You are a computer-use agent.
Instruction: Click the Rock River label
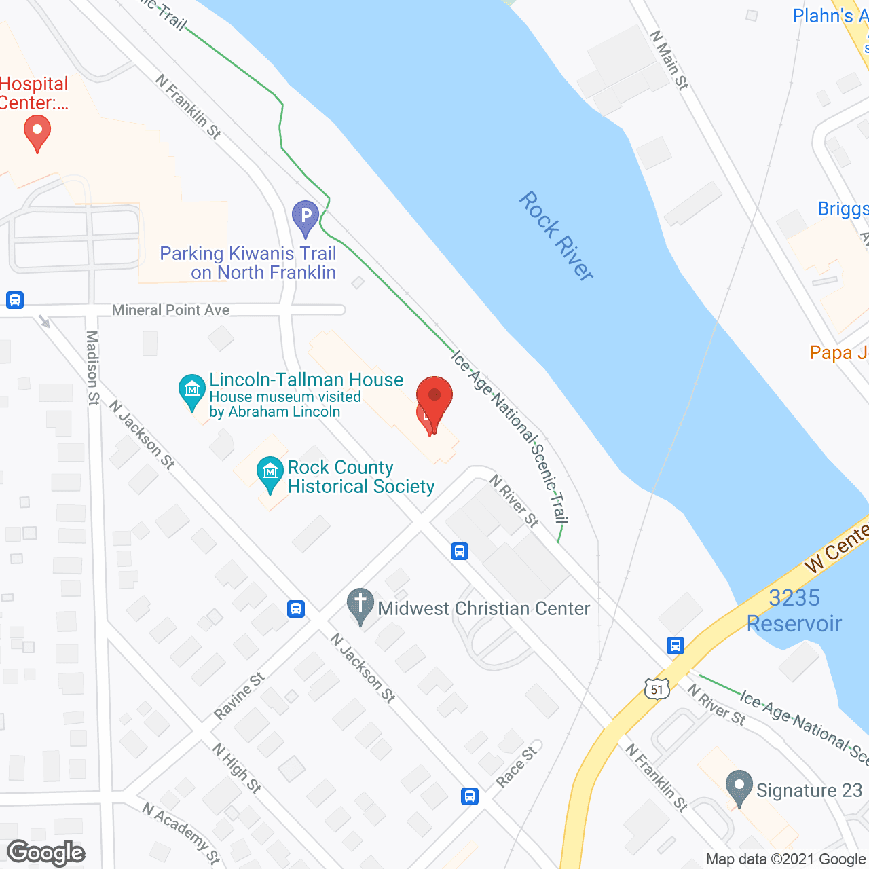tap(556, 236)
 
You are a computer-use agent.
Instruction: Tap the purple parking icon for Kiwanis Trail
tap(306, 217)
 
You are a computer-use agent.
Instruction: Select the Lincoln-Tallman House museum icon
tap(192, 391)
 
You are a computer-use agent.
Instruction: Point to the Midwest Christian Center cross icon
tap(360, 605)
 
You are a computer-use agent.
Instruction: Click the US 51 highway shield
tap(657, 689)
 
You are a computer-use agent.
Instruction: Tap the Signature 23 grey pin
tap(739, 788)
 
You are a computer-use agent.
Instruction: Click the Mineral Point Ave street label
tap(170, 310)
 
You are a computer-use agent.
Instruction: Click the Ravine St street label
tap(240, 696)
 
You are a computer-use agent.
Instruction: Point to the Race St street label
tap(517, 766)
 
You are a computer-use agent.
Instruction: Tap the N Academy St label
tap(181, 832)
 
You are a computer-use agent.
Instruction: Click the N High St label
tap(236, 769)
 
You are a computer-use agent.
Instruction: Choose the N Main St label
tap(669, 60)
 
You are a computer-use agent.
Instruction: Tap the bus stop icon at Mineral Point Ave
tap(15, 299)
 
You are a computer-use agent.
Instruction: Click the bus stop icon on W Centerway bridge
tap(675, 645)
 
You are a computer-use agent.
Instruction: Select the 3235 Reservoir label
tap(794, 610)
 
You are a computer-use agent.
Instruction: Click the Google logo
tap(46, 853)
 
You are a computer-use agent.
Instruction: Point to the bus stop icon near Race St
tap(470, 796)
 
